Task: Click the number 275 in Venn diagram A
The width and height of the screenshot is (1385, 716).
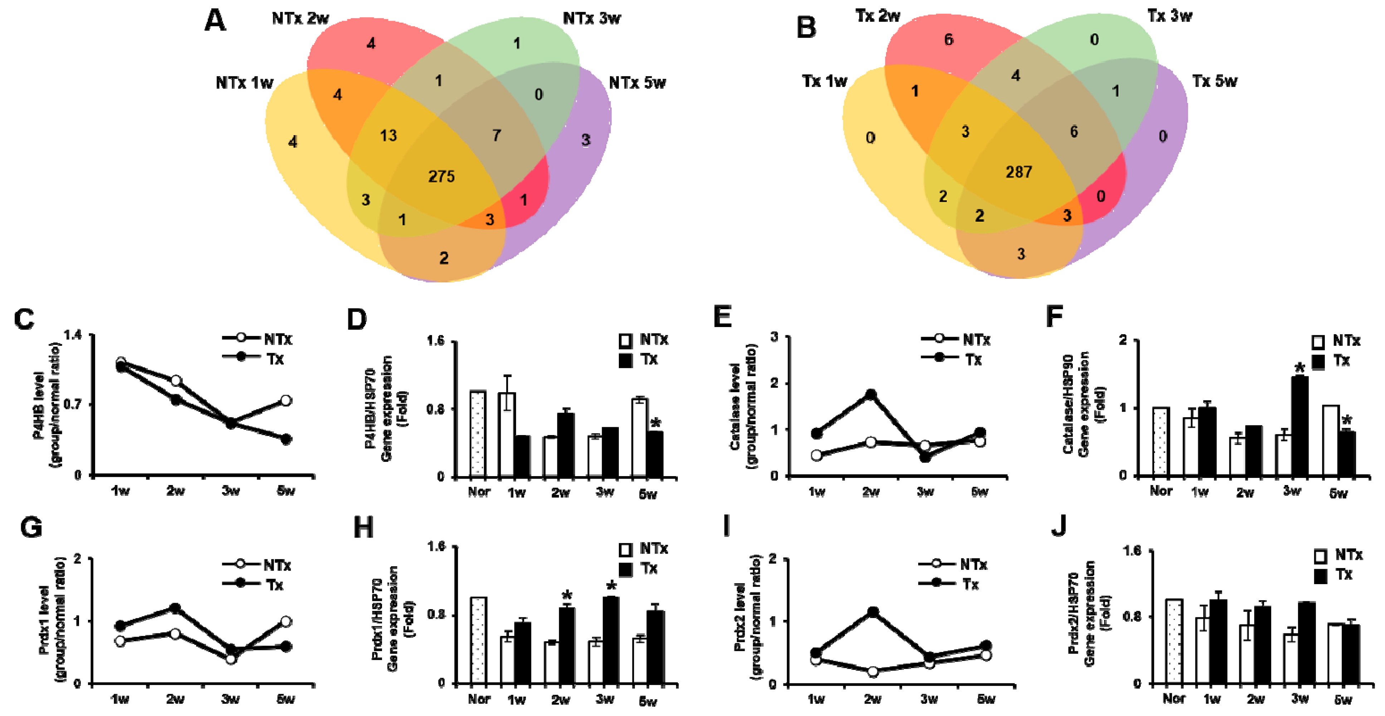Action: (x=441, y=176)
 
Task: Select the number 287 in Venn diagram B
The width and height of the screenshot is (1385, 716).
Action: (x=1018, y=172)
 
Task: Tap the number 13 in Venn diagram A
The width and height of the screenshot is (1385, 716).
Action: (x=388, y=135)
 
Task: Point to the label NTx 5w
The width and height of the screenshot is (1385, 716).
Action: (x=637, y=83)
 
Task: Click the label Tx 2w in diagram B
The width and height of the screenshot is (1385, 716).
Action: (x=877, y=16)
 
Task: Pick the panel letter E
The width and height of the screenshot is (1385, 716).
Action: (x=722, y=317)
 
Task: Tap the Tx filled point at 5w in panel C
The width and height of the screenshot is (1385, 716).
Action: (x=286, y=439)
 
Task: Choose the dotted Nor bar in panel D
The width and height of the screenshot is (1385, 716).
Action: (x=478, y=434)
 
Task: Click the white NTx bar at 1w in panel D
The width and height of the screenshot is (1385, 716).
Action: (x=506, y=435)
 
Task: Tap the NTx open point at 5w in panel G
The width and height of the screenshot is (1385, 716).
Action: (x=286, y=622)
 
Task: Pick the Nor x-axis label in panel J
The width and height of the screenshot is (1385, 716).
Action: (x=1173, y=699)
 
